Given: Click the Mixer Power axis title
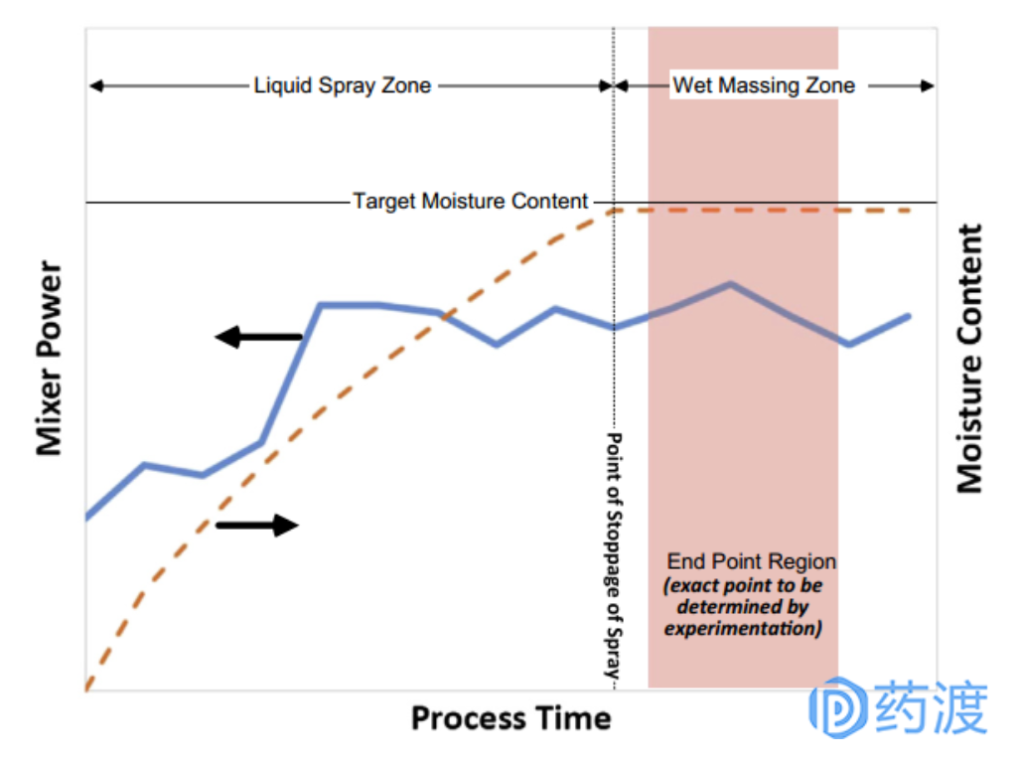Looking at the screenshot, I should tap(50, 359).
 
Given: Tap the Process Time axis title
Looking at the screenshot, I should tap(510, 717).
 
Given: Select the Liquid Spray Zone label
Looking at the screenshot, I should tap(342, 85).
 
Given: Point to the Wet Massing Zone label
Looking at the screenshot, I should tap(763, 85).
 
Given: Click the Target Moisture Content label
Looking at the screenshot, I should tap(471, 202).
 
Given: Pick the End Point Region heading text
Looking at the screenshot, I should tap(751, 561).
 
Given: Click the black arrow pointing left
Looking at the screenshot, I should tap(257, 338).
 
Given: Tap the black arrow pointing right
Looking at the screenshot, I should tap(257, 526).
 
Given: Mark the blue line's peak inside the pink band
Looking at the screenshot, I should tap(731, 284).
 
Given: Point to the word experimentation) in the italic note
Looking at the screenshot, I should tap(743, 629).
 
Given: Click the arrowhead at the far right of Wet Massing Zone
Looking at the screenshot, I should tap(928, 85).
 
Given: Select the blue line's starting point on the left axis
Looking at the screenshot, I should tap(88, 517).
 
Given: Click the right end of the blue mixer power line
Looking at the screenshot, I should tap(909, 316).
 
